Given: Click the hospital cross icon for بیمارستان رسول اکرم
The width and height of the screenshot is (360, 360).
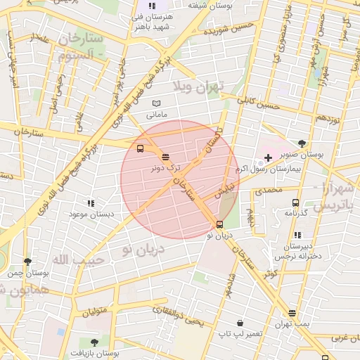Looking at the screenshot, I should click(268, 157).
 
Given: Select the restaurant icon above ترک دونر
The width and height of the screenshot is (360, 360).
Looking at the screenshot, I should click(165, 157).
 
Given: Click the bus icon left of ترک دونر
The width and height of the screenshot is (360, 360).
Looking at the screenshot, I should click(141, 149).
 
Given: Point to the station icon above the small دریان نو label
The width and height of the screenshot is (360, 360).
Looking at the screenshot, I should click(220, 225).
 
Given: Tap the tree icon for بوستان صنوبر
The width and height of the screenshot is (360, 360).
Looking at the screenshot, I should click(302, 143).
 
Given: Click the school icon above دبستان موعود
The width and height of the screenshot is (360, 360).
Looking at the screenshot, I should click(90, 202).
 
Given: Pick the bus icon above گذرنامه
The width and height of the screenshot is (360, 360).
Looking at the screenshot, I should click(295, 202).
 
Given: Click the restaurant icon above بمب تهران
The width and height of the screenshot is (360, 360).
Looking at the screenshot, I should click(292, 314).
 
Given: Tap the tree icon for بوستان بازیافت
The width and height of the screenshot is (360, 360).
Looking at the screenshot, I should click(95, 342).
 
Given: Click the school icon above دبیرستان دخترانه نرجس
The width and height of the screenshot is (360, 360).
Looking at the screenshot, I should click(297, 236).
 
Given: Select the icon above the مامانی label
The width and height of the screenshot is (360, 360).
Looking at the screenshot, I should click(156, 103).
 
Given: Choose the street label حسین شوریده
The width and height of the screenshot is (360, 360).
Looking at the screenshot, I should click(226, 30).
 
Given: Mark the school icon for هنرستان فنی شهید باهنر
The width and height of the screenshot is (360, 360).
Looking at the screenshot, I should click(152, 6).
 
